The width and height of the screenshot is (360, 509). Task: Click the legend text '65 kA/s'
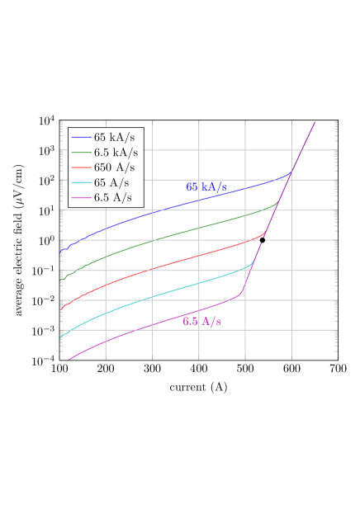[x=114, y=138]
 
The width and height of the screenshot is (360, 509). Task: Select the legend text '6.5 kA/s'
[x=116, y=153]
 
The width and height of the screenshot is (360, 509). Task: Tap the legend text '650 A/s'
[x=114, y=167]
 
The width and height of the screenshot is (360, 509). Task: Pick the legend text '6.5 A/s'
[x=112, y=197]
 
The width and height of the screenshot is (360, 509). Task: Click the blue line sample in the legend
[x=81, y=138]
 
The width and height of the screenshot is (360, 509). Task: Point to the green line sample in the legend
[x=81, y=153]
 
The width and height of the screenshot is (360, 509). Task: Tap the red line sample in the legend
[x=81, y=167]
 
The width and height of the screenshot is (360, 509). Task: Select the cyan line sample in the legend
[x=81, y=182]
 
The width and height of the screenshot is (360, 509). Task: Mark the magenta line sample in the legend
[x=81, y=197]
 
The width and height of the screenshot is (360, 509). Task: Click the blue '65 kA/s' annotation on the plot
[x=206, y=187]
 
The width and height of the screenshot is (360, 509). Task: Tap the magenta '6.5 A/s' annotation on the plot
[x=201, y=321]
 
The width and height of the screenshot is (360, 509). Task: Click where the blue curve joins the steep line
[x=290, y=174]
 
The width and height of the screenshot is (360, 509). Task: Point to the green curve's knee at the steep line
[x=277, y=203]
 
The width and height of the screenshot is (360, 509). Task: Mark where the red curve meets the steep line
[x=264, y=234]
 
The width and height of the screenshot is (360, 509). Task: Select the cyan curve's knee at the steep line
[x=252, y=264]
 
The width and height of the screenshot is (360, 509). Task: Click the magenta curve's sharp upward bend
[x=240, y=293]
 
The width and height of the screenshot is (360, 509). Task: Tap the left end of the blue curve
[x=61, y=250]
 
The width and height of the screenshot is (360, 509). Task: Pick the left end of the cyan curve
[x=61, y=337]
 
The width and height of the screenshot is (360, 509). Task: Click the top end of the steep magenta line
[x=315, y=122]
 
